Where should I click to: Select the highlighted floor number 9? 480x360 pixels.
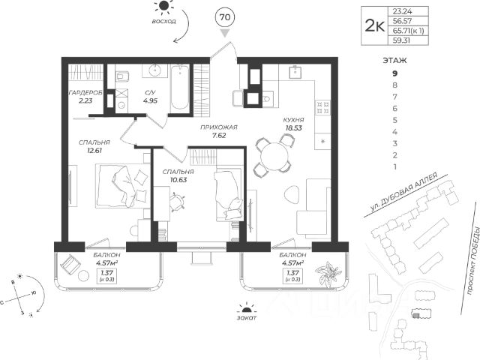click(x=394, y=73)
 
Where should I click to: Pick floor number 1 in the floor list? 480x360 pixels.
click(x=394, y=166)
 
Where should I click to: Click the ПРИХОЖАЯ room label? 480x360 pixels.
click(x=219, y=127)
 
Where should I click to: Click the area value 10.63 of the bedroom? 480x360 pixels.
click(x=177, y=180)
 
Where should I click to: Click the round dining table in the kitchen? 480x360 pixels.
click(x=272, y=156)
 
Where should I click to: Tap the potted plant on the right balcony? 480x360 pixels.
click(x=326, y=273)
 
